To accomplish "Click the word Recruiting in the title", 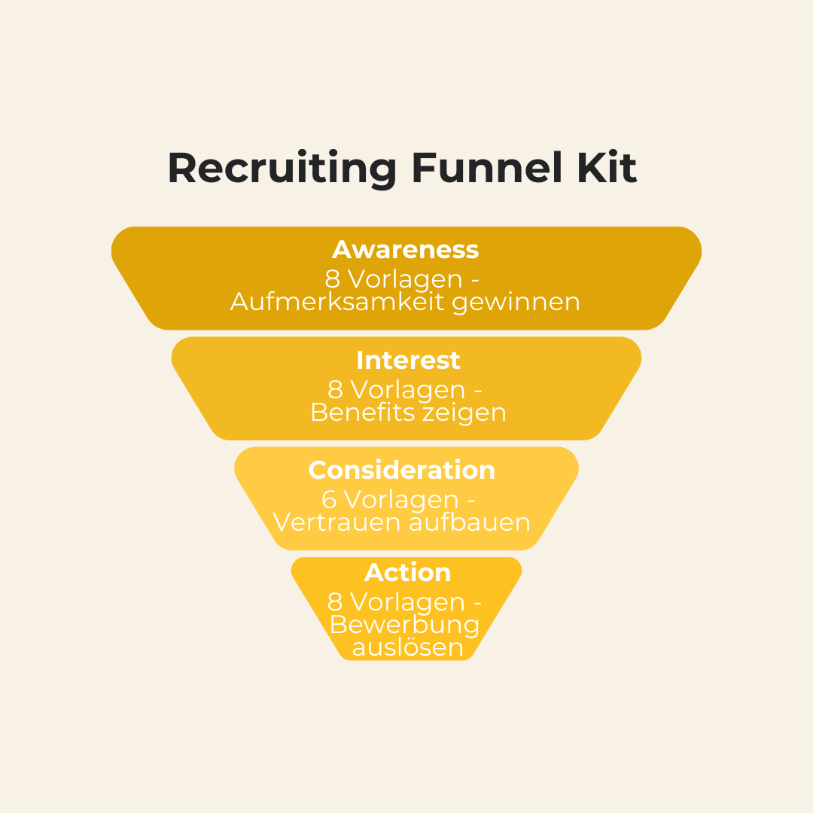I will (282, 169).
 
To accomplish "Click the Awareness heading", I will (406, 249).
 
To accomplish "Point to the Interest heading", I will (408, 360).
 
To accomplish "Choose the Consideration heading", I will (402, 470).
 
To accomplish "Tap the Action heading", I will (408, 572).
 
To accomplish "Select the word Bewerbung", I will (405, 625).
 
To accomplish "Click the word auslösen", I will (406, 647).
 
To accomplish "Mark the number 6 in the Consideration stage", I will (330, 500).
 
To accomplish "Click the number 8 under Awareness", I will (333, 279).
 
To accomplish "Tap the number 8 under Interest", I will (336, 390).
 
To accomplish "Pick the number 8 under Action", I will (336, 602).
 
